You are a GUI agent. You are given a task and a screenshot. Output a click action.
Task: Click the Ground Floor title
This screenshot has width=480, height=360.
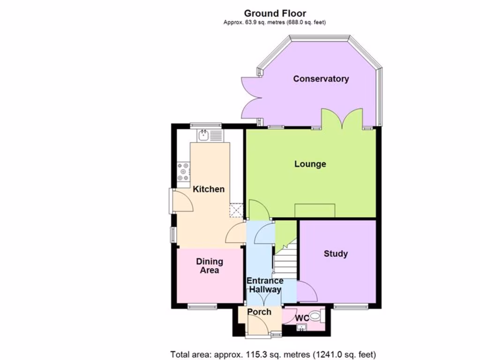(275, 13)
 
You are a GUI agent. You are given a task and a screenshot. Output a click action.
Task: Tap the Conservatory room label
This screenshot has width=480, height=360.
(321, 79)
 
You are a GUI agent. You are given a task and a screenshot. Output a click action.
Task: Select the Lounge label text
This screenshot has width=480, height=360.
(310, 164)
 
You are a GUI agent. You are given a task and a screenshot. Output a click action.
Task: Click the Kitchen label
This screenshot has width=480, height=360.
(209, 189)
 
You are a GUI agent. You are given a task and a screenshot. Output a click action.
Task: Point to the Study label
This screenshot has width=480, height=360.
(336, 254)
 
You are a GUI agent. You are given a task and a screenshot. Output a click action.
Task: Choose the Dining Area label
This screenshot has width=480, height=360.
(209, 266)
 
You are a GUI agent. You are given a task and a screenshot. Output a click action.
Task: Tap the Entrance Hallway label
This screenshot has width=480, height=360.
(265, 285)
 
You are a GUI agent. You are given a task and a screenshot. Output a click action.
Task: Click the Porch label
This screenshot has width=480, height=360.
(259, 312)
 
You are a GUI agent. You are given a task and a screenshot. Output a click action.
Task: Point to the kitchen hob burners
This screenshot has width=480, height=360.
(183, 172)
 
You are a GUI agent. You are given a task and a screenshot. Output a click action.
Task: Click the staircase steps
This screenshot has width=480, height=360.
(285, 262)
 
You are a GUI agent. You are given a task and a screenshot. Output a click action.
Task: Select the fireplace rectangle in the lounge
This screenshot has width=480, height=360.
(315, 210)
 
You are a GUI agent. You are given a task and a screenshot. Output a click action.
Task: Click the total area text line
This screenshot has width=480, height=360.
(273, 354)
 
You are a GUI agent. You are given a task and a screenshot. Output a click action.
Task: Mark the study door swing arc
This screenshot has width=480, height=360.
(307, 291)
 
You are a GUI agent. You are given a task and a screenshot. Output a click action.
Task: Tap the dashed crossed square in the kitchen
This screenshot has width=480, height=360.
(236, 210)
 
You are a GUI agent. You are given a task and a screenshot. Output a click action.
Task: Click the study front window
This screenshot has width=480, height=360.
(350, 307)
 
